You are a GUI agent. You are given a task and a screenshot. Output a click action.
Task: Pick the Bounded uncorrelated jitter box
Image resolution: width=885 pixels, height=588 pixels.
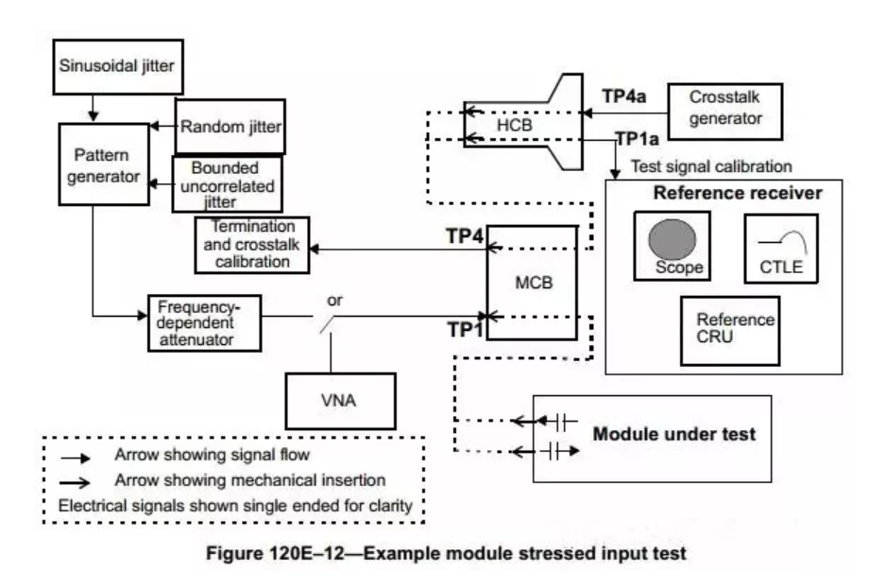[225, 182]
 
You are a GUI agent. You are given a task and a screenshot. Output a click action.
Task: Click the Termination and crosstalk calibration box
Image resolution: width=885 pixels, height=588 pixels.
[252, 244]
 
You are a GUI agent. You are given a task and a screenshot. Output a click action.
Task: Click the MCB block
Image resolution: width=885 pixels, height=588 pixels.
[532, 283]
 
